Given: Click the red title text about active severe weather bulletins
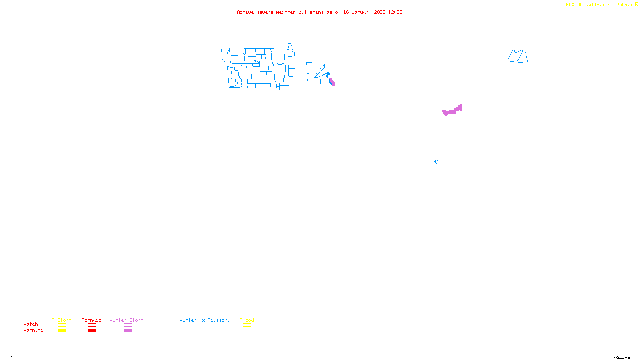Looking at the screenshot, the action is coord(319,12).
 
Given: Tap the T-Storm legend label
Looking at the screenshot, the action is coord(62,320).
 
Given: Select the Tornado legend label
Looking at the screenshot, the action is coord(92,320).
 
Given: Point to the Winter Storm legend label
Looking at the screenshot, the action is coord(126,320).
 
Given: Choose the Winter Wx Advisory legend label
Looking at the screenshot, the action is coord(205,320).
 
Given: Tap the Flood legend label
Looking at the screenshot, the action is coord(247,320).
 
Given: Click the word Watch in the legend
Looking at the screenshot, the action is coord(31,324).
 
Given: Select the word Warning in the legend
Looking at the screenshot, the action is coord(33,330).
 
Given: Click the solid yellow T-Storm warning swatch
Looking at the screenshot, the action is coord(62,331).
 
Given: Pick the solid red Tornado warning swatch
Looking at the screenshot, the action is coord(92,331).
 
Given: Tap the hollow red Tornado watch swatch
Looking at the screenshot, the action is coord(92,325).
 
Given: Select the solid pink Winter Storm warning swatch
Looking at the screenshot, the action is coord(128,331).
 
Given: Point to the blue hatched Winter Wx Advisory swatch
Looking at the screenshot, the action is coord(204,331).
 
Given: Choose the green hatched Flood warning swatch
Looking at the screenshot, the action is coord(247,331).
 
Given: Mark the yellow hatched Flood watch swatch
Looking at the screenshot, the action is coord(247,325).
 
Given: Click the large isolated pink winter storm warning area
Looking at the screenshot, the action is coord(452,111).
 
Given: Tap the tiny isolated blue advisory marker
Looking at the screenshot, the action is coord(436,162).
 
